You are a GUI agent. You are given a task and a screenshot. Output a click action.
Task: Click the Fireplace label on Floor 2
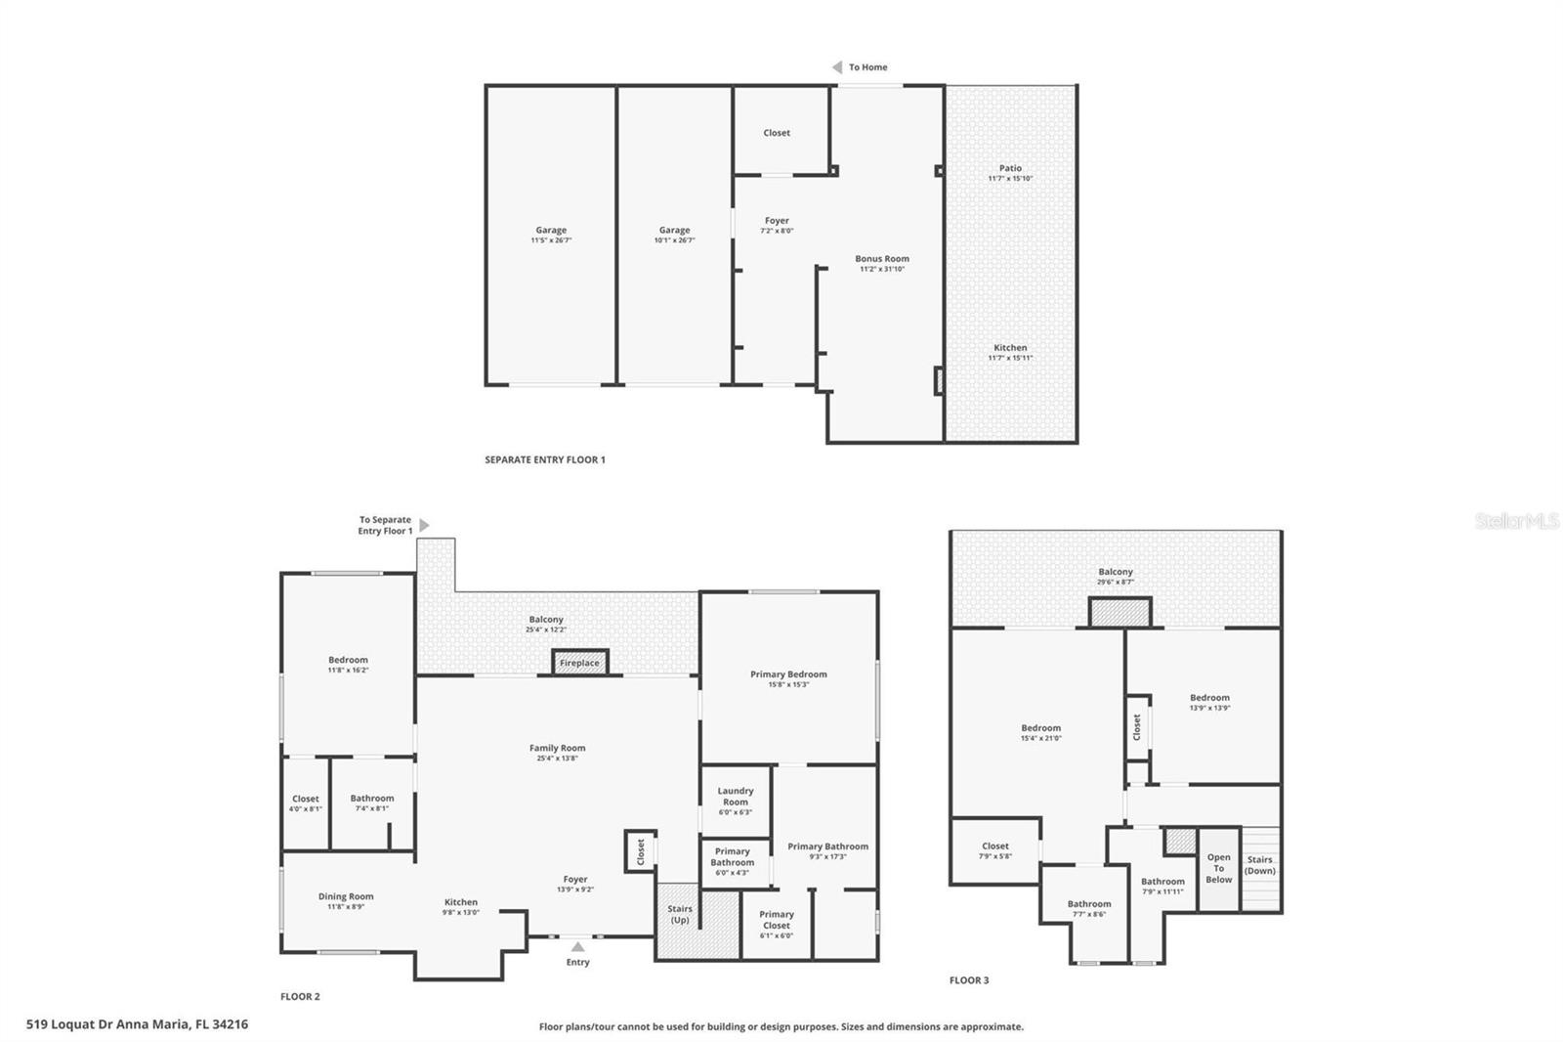coord(579,663)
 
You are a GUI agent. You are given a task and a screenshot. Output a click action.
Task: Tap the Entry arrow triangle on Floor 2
coord(577,946)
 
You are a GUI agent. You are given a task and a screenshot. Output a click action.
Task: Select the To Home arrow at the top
coord(837,67)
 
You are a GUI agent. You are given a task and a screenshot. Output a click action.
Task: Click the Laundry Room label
coord(736,797)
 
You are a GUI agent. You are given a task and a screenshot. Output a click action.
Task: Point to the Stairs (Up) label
coord(680,915)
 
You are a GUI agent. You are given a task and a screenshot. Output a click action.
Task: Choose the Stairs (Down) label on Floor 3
coord(1259,865)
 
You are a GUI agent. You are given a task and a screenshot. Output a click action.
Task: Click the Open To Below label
coord(1218,868)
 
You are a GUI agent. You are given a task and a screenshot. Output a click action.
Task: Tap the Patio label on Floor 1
coord(1010,168)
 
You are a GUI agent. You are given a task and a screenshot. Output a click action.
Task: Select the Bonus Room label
coord(882,259)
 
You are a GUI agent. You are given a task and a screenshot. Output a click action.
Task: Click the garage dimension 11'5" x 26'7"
coord(551,240)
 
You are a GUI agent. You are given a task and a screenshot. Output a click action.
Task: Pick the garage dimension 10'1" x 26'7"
coord(674,240)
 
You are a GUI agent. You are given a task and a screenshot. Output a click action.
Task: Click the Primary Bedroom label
coord(788,674)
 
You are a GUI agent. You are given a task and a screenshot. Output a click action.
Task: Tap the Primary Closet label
coord(777,920)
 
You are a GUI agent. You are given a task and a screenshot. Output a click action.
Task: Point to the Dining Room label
coord(346,896)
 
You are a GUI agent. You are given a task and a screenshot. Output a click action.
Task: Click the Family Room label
coord(558,748)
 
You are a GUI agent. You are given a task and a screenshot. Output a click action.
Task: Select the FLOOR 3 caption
coord(969,980)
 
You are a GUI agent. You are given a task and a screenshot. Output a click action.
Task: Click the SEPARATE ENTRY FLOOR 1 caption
coord(545,459)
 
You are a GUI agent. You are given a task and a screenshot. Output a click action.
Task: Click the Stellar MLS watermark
coord(1516,522)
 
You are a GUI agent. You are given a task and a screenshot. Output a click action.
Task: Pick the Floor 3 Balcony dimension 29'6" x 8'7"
coord(1116,583)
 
